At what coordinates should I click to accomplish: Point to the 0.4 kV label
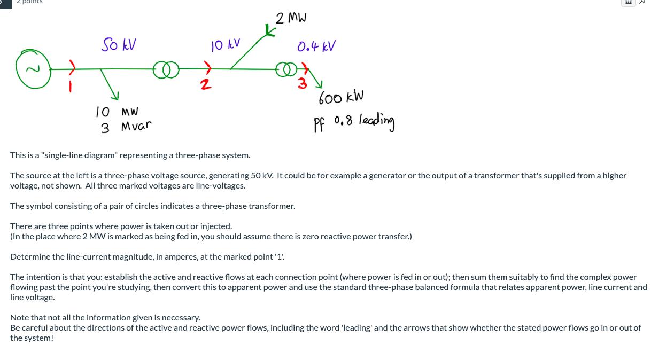pyautogui.click(x=316, y=46)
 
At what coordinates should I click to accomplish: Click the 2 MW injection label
pyautogui.click(x=291, y=18)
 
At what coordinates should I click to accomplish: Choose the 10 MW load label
pyautogui.click(x=117, y=112)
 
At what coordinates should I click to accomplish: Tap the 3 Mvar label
pyautogui.click(x=126, y=127)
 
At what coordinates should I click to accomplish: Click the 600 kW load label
pyautogui.click(x=341, y=98)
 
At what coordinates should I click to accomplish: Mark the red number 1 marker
pyautogui.click(x=69, y=84)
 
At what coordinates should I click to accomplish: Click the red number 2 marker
pyautogui.click(x=203, y=84)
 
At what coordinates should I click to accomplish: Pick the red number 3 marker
pyautogui.click(x=303, y=83)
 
